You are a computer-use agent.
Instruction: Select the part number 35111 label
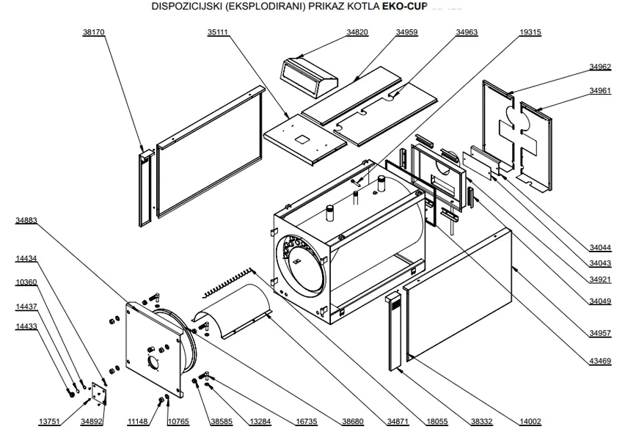coord(216,33)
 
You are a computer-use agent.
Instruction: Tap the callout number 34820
coord(357,33)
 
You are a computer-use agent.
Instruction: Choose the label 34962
coord(599,67)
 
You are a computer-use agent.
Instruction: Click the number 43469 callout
coord(599,360)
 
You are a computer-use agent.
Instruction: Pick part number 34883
coord(26,220)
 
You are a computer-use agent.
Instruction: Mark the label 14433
coord(26,326)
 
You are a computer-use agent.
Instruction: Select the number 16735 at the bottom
coord(306,422)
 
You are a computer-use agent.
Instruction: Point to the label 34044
coord(599,248)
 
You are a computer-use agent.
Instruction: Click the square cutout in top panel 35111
coord(300,137)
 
